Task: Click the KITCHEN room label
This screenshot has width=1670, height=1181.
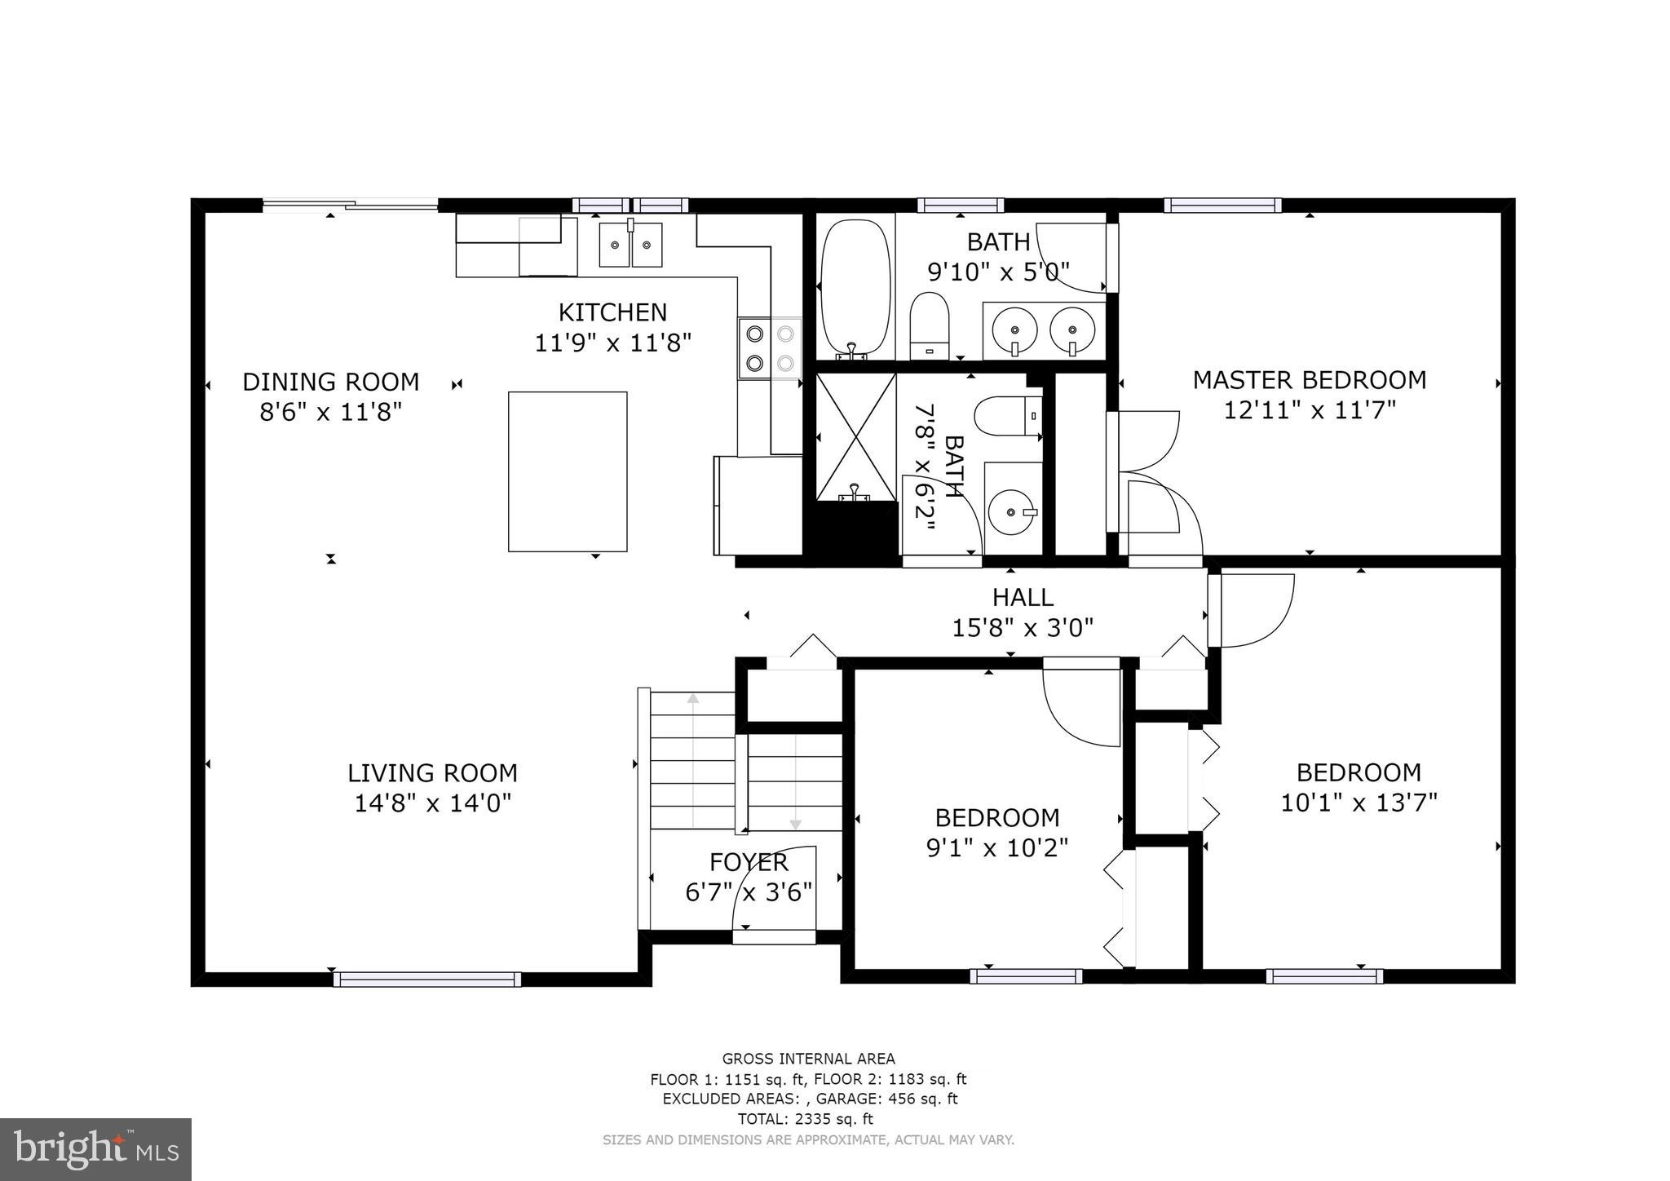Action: (x=612, y=312)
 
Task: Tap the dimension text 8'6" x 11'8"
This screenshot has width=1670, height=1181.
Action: (x=331, y=412)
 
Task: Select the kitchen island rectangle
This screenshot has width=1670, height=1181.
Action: (x=568, y=471)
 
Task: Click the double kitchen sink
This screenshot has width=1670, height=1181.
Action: (x=630, y=245)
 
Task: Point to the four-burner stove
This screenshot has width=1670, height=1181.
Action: (x=770, y=348)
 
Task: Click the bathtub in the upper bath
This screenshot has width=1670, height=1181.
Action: (x=855, y=285)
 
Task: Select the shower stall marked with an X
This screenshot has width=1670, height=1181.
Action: (x=856, y=436)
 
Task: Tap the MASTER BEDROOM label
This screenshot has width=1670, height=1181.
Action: (x=1309, y=380)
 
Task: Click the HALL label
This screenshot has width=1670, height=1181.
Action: (x=1023, y=598)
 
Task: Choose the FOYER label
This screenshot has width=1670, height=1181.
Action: (x=749, y=862)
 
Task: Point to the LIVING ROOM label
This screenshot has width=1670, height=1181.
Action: (x=432, y=772)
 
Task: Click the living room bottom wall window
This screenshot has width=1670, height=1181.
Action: (x=427, y=980)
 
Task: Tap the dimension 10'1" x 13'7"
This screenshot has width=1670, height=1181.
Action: (x=1359, y=803)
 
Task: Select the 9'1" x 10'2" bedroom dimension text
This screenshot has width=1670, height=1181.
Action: (x=996, y=848)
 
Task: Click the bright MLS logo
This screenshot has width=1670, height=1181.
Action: (x=95, y=1149)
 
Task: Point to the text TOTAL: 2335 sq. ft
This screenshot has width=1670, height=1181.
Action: (x=805, y=1119)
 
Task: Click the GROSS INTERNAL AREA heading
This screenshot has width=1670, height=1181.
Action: (x=808, y=1059)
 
